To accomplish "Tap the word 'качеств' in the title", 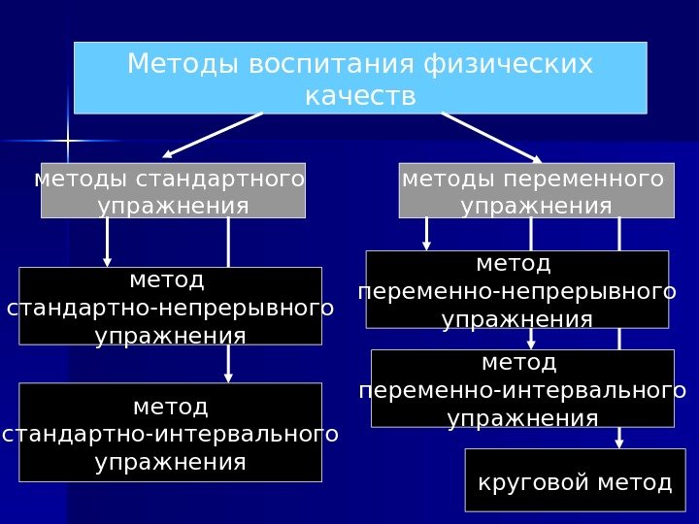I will (x=360, y=97).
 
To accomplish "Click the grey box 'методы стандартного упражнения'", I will (x=173, y=191).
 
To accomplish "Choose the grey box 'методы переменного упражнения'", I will (x=536, y=191).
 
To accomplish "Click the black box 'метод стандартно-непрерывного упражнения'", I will (x=170, y=306).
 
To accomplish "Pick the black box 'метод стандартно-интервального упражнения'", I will (x=170, y=432).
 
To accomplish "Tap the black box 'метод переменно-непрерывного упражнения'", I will (x=517, y=289).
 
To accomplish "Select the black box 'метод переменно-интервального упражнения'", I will (x=522, y=388).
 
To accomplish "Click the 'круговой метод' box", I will (x=569, y=479).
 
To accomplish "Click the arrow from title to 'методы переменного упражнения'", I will (x=491, y=136).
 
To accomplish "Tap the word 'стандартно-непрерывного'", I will (x=170, y=308).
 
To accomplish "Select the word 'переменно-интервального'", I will (x=522, y=390).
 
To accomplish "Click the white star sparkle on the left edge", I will (x=69, y=143).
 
